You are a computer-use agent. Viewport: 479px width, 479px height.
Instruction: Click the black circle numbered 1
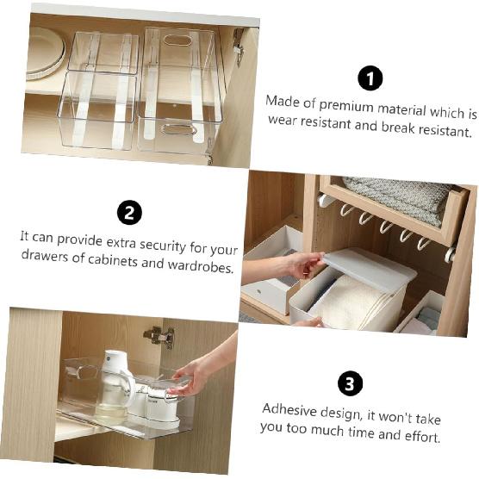(x=370, y=78)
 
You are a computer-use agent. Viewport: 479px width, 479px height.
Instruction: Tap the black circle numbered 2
(x=129, y=212)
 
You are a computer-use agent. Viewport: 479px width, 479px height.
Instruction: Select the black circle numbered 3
(x=350, y=383)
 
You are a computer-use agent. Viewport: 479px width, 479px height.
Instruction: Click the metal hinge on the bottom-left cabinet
(x=159, y=335)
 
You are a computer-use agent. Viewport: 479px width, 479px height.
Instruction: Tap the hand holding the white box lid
(x=303, y=264)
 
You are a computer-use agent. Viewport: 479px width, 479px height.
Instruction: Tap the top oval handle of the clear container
(x=178, y=40)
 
